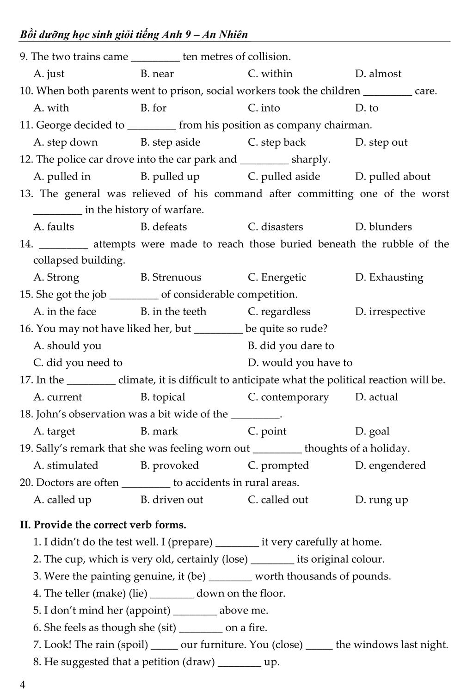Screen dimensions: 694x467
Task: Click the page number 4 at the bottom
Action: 23,685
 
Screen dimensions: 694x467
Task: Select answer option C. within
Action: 270,74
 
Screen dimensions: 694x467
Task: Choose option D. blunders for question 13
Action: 383,227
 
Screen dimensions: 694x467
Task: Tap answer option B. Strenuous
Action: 171,277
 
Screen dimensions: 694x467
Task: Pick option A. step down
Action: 66,142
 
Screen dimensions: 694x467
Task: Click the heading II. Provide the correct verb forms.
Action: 103,525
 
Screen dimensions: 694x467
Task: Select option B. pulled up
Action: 170,176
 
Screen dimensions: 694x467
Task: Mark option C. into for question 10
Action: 264,108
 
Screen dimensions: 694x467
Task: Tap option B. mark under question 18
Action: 159,431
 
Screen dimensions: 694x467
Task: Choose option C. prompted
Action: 278,465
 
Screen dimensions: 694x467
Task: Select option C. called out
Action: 278,500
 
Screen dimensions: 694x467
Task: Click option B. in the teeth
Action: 173,311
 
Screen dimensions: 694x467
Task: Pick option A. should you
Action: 68,346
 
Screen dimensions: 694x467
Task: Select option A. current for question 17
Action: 58,397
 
